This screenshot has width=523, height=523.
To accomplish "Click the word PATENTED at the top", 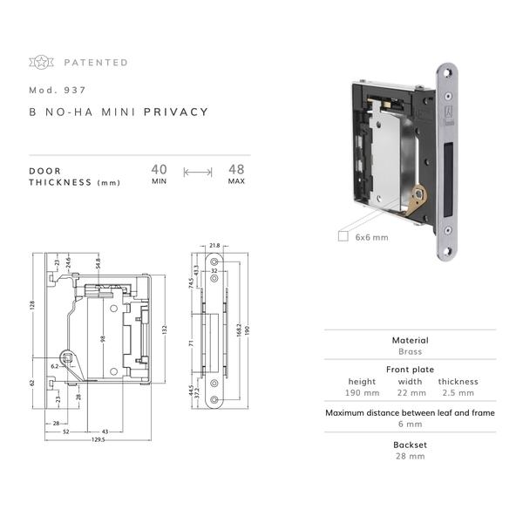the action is click(96, 63).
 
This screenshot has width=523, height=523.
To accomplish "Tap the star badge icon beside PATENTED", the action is click(41, 62).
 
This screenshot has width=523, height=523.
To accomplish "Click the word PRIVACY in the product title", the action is click(176, 112).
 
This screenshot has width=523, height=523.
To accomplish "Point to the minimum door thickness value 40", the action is click(160, 169).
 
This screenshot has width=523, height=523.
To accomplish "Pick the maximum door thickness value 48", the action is click(236, 169).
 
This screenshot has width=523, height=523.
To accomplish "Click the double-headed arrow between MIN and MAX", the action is click(198, 173).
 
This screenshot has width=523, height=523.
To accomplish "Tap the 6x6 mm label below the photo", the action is click(371, 237).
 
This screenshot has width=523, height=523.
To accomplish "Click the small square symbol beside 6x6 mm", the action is click(343, 236).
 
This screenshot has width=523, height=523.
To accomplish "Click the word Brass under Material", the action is click(411, 351).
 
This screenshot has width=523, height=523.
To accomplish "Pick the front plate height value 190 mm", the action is click(363, 393).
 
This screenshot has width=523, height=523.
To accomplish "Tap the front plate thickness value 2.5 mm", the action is click(458, 393).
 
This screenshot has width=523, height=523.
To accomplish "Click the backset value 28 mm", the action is click(411, 456).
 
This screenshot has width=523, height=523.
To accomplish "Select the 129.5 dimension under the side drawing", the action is click(98, 439).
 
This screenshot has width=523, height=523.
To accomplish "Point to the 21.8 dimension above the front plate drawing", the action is click(214, 246).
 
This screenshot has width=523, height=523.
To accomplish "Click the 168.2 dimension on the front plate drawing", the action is click(239, 330).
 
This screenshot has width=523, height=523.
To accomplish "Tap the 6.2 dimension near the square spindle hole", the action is click(55, 366).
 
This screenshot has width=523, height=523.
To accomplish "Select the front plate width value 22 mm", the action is click(411, 393).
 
